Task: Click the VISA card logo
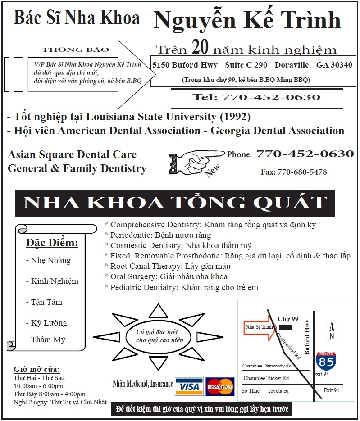(189, 386)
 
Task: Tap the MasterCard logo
(220, 386)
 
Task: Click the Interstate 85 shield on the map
(324, 361)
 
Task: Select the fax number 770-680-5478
(294, 172)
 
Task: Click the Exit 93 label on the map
(321, 374)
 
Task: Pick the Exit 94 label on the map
(331, 390)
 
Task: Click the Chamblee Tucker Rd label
(266, 378)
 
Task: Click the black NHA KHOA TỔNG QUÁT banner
(175, 203)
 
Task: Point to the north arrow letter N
(332, 336)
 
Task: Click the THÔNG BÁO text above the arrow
(68, 49)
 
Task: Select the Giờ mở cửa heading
(36, 369)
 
